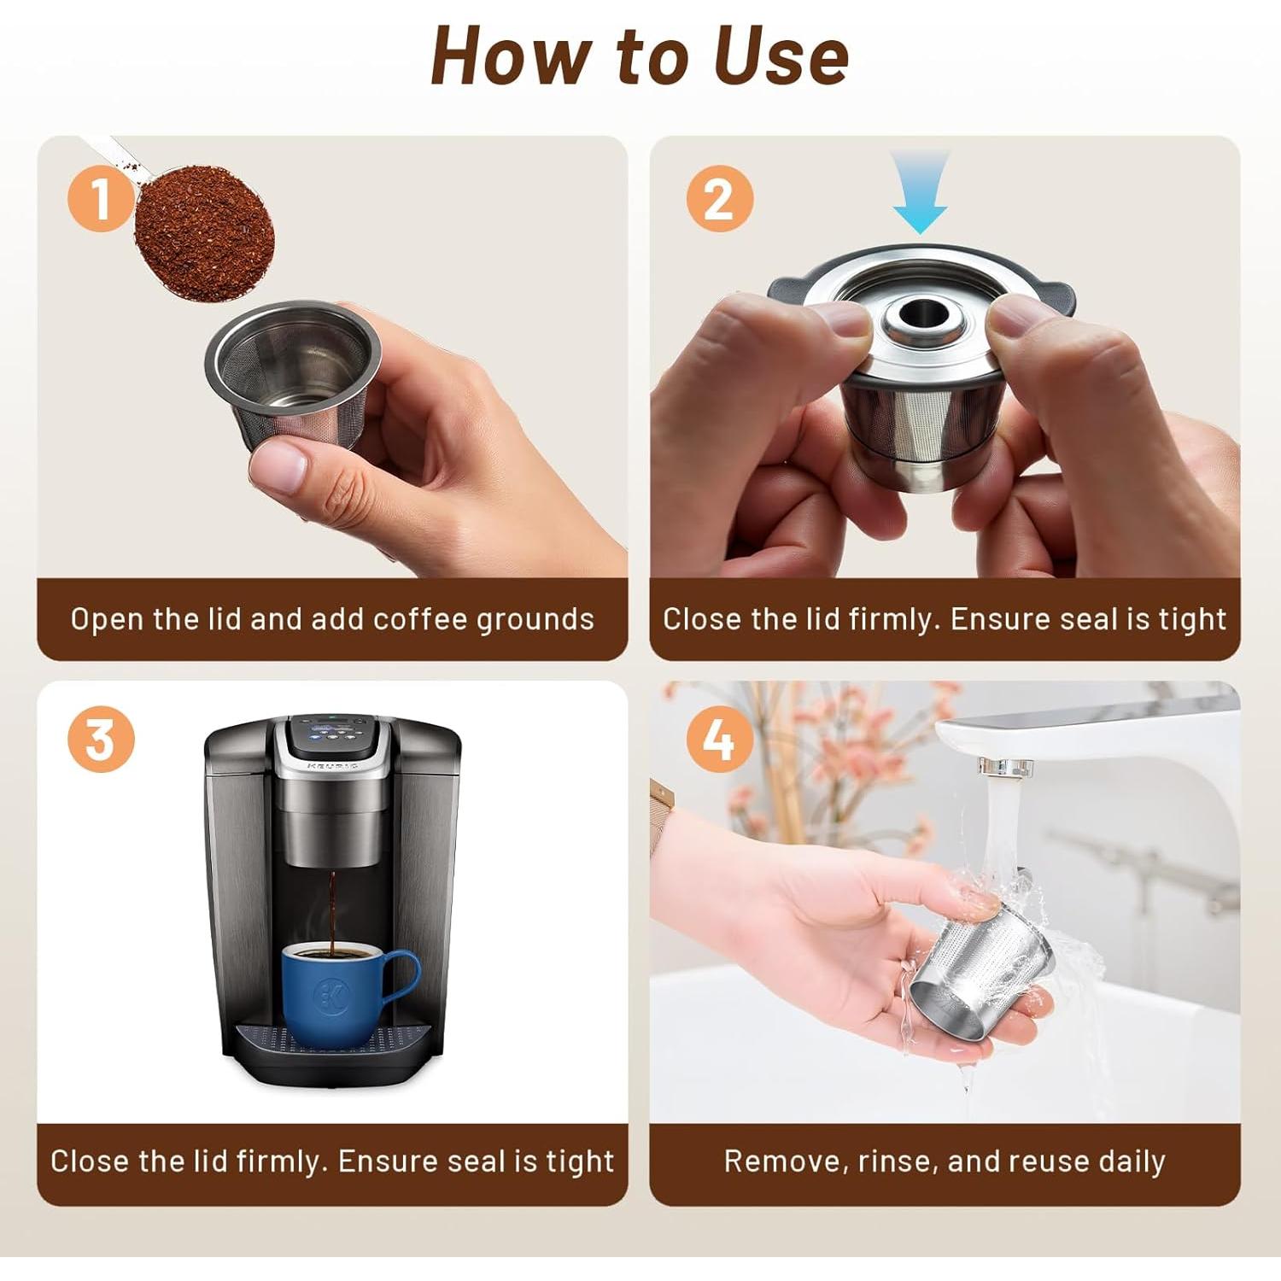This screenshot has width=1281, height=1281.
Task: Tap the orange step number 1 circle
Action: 101,198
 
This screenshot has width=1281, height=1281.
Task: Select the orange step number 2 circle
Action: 719,198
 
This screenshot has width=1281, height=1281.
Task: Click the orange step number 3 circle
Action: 101,740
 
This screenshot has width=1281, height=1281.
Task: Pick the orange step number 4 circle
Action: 719,740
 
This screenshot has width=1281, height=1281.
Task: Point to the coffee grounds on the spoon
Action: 205,232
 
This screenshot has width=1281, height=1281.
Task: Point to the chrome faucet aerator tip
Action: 1005,766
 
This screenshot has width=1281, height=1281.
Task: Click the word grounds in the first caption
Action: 535,620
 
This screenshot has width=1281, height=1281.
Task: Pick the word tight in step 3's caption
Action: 581,1162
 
